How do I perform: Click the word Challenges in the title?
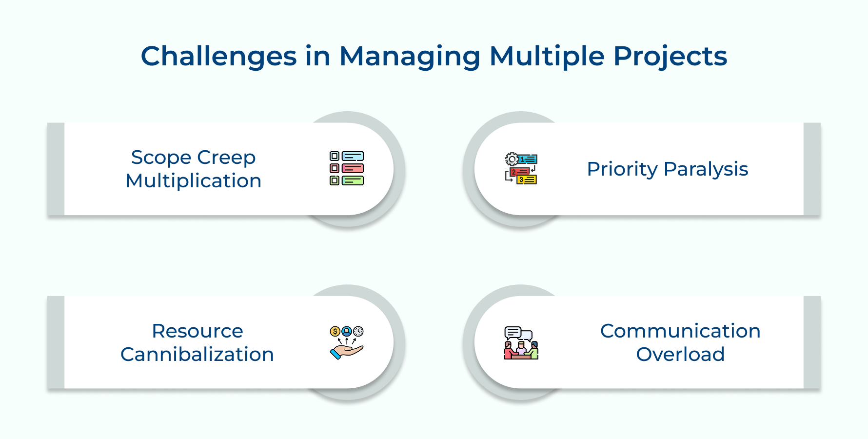(218, 56)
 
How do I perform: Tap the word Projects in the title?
(670, 56)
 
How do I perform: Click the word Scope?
(161, 158)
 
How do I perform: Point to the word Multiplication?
(194, 181)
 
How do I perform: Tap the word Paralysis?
(706, 169)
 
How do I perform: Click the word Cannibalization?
(197, 355)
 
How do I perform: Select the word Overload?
(680, 355)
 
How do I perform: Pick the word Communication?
(680, 331)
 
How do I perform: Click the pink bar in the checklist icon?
(353, 168)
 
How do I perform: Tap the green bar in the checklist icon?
(353, 180)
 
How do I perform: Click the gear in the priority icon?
(512, 159)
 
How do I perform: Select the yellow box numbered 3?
(527, 180)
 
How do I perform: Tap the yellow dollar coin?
(335, 332)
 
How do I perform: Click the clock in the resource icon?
(358, 331)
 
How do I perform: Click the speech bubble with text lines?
(513, 333)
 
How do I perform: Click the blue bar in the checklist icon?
(353, 157)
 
